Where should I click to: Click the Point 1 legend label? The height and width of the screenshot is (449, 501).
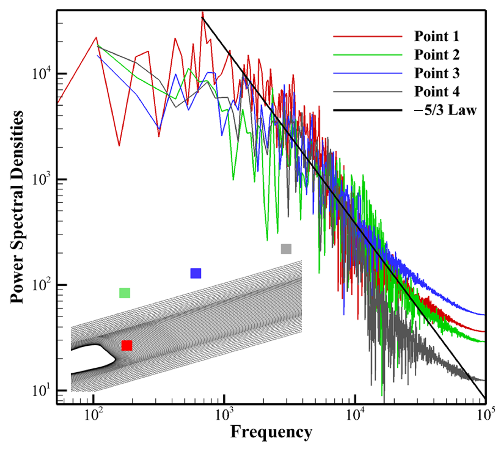click(437, 36)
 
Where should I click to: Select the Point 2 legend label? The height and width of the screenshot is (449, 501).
click(437, 55)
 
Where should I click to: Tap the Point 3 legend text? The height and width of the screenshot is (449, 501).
click(437, 73)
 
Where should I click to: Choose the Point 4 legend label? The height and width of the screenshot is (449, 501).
click(437, 92)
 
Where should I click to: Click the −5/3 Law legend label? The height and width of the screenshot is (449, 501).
click(445, 110)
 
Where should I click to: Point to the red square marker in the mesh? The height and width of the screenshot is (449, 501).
click(127, 346)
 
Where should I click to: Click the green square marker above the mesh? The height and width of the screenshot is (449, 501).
click(125, 293)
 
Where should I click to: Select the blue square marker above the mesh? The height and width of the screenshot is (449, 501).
click(196, 273)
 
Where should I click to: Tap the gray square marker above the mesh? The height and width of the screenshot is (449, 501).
click(286, 249)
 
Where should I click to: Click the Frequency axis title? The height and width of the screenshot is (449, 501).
click(271, 432)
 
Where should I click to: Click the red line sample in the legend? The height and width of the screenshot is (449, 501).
click(367, 37)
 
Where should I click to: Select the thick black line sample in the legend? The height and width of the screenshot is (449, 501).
click(367, 110)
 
